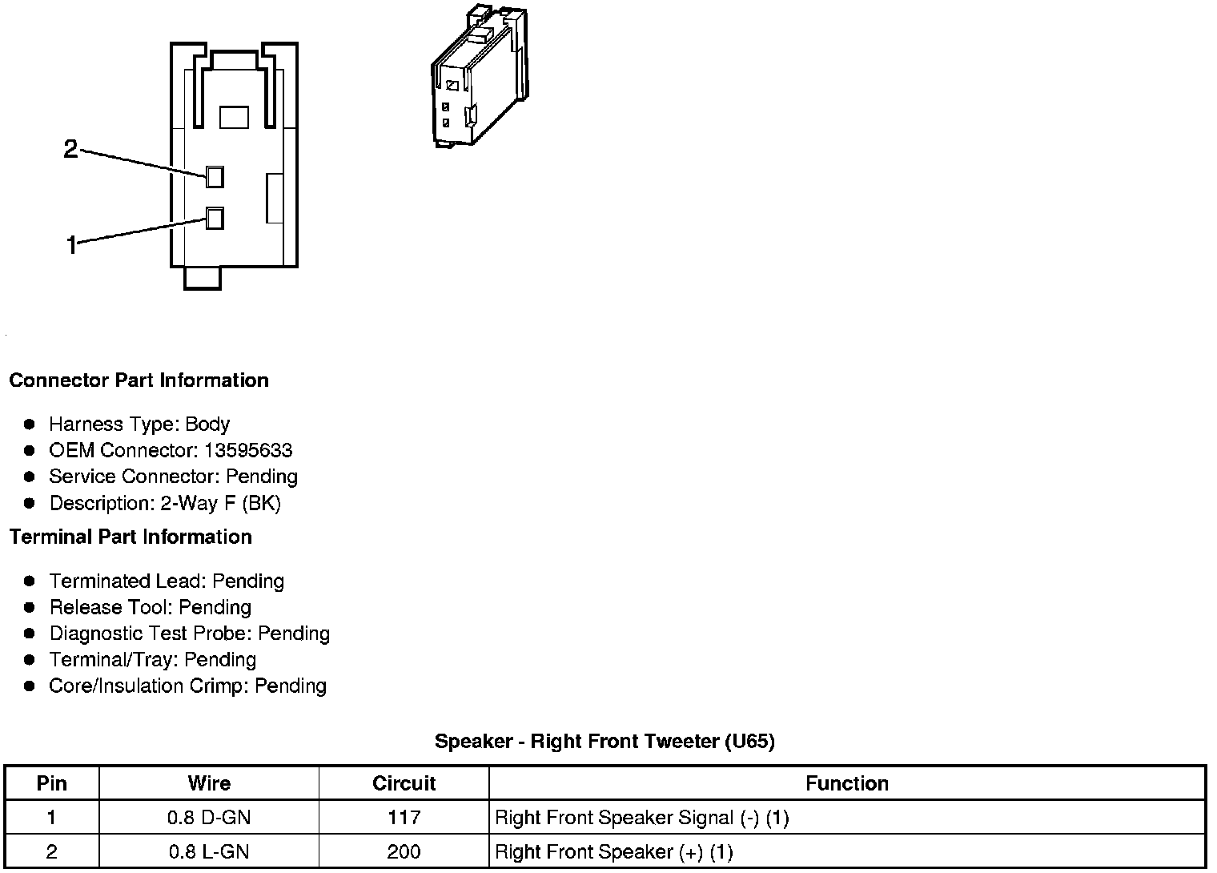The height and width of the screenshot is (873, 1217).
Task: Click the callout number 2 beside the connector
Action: [x=70, y=149]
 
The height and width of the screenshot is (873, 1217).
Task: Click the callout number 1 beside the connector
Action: [x=71, y=245]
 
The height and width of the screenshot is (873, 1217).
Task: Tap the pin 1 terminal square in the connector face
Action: [x=215, y=218]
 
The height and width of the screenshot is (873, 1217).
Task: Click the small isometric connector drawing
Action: [x=478, y=78]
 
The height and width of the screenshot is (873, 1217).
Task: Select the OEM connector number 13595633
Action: [x=248, y=450]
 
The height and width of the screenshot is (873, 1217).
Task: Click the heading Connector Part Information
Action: [x=139, y=380]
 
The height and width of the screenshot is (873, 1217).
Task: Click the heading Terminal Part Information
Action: [x=131, y=537]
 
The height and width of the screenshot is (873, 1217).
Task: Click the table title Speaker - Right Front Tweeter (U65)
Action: [x=604, y=742]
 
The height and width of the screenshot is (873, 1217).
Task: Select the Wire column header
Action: [x=209, y=783]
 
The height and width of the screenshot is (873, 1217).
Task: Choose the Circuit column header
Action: [x=404, y=783]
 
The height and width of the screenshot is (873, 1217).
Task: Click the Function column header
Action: [x=846, y=783]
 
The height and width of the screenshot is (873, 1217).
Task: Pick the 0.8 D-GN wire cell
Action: [x=209, y=818]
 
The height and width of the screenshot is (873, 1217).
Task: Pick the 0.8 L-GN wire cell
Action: [x=209, y=852]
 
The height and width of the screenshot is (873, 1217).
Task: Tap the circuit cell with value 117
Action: [x=404, y=818]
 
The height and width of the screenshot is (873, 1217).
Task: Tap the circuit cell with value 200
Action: [x=404, y=852]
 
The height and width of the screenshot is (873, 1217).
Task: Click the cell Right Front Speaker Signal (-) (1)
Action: [x=642, y=818]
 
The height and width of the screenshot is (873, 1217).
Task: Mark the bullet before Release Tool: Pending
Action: [x=30, y=607]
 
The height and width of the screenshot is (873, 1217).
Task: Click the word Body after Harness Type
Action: [x=207, y=424]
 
